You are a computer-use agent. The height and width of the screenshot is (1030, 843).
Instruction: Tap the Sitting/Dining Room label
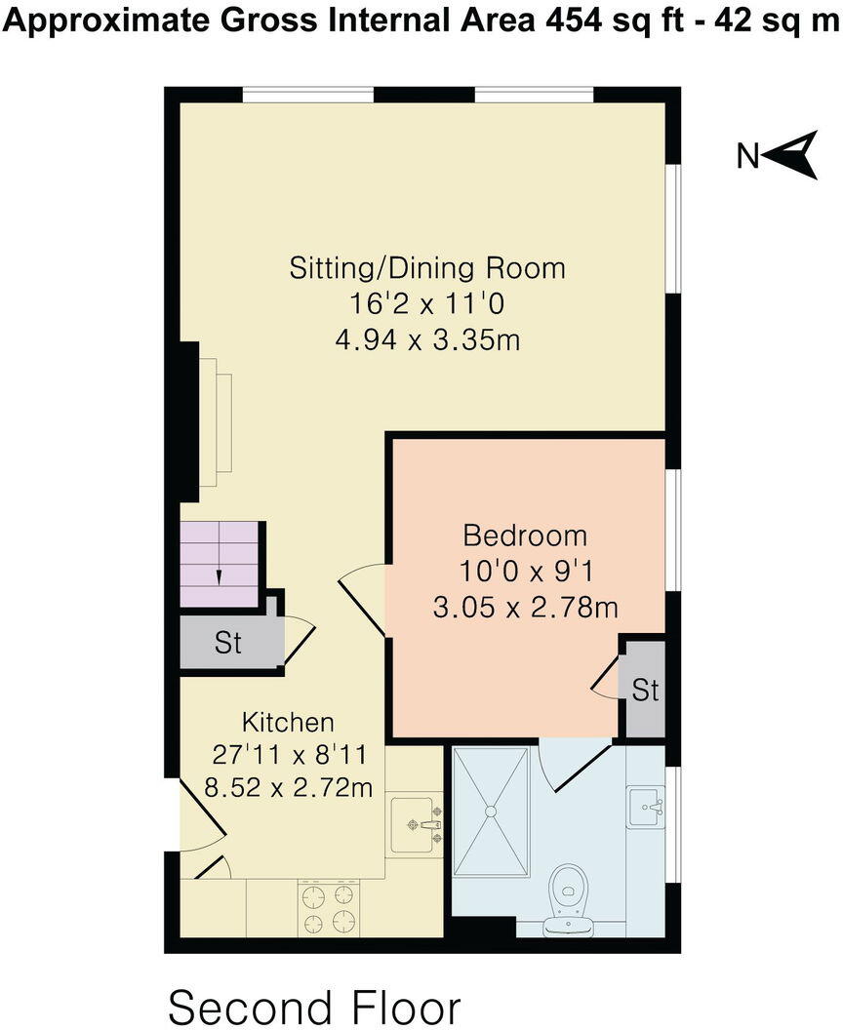click(427, 267)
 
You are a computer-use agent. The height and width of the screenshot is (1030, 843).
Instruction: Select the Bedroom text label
click(525, 535)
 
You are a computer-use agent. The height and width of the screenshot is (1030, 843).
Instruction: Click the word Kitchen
click(288, 722)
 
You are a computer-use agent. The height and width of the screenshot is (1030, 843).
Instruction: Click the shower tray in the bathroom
click(492, 809)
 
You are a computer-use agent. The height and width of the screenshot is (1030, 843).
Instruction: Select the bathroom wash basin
click(646, 808)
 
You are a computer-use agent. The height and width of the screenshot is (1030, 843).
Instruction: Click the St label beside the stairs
click(228, 645)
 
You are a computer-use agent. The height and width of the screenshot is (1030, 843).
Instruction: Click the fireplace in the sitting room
click(215, 420)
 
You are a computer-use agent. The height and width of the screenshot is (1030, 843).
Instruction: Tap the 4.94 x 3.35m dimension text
click(427, 340)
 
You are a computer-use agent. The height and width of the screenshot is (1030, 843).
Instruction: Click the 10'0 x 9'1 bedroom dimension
click(525, 572)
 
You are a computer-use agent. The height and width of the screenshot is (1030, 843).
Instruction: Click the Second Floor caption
click(314, 1006)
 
